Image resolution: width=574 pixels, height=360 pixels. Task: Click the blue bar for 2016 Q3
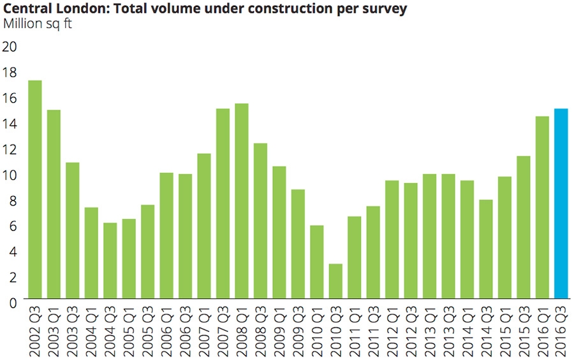point(561,203)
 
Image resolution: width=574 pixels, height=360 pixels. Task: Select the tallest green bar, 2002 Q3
point(35,189)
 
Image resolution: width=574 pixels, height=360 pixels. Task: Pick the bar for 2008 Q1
point(242,200)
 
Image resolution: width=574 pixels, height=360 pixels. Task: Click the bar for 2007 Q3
point(223,203)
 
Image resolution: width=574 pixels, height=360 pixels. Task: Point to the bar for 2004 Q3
point(110,260)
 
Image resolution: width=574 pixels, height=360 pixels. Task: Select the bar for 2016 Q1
point(542,207)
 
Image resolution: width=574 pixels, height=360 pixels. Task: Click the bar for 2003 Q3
point(72,230)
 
